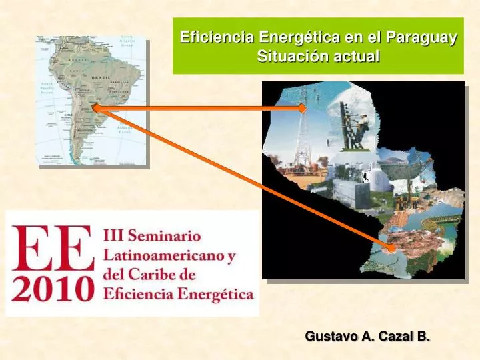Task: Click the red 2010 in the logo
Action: point(51,289)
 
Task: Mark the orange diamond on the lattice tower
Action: point(303,107)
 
